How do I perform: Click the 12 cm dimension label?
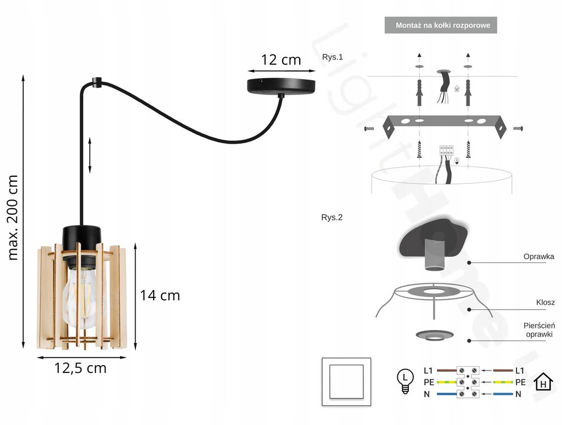coord(281,60)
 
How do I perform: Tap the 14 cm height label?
coord(160,295)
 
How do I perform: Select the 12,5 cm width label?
coord(80,368)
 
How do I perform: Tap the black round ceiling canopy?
coord(282,86)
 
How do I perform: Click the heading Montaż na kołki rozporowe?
coord(440,25)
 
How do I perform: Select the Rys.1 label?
coord(332,57)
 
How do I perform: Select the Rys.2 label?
coord(332,217)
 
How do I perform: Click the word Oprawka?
coord(538,256)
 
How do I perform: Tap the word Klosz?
coord(545,303)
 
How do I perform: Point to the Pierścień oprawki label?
coord(539,330)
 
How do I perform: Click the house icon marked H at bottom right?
coord(543,381)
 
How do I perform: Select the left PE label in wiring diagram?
coord(429,382)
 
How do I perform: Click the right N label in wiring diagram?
coord(518,394)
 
